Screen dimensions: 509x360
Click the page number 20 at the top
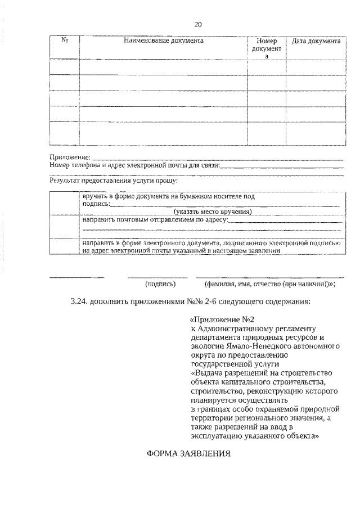[x=197, y=24]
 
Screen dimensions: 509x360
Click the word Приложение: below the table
[x=70, y=157]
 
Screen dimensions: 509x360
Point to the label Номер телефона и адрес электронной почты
[x=134, y=165]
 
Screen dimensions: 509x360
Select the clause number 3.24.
[x=82, y=301]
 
